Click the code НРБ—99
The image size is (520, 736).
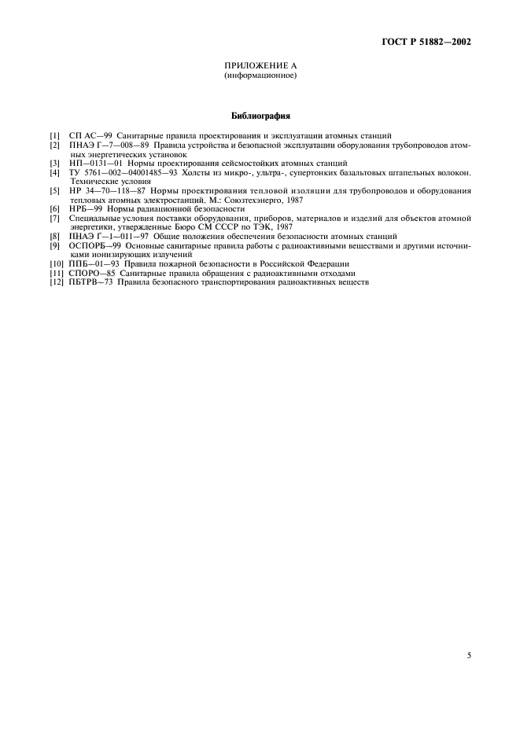[x=80, y=208]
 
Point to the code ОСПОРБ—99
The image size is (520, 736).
[x=92, y=245]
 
